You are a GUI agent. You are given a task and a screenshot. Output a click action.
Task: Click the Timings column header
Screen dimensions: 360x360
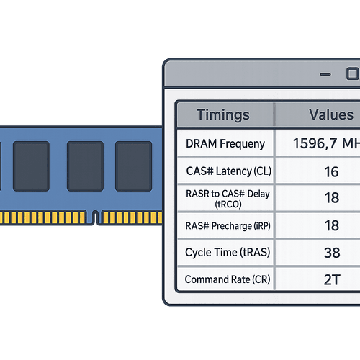223,114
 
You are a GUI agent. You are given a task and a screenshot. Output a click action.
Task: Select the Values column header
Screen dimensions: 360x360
331,114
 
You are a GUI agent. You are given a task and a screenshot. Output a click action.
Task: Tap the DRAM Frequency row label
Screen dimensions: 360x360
225,144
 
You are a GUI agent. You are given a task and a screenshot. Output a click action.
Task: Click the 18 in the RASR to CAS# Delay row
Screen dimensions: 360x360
332,197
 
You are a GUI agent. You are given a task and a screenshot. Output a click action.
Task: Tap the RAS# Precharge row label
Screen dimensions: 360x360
225,225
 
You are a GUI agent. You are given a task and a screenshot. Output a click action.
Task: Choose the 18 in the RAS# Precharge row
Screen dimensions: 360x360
332,225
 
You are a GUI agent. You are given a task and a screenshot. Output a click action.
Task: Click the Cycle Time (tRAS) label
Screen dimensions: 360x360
225,253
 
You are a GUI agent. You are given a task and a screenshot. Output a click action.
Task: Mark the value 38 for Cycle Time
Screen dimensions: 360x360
332,253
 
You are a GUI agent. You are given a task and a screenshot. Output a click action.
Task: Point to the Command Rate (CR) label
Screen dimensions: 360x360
225,279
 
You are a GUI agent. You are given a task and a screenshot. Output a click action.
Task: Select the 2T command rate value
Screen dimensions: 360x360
332,279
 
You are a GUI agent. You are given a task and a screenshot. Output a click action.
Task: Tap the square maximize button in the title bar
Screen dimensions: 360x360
351,73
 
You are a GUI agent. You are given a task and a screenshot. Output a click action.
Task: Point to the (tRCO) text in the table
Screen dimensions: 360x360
225,204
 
